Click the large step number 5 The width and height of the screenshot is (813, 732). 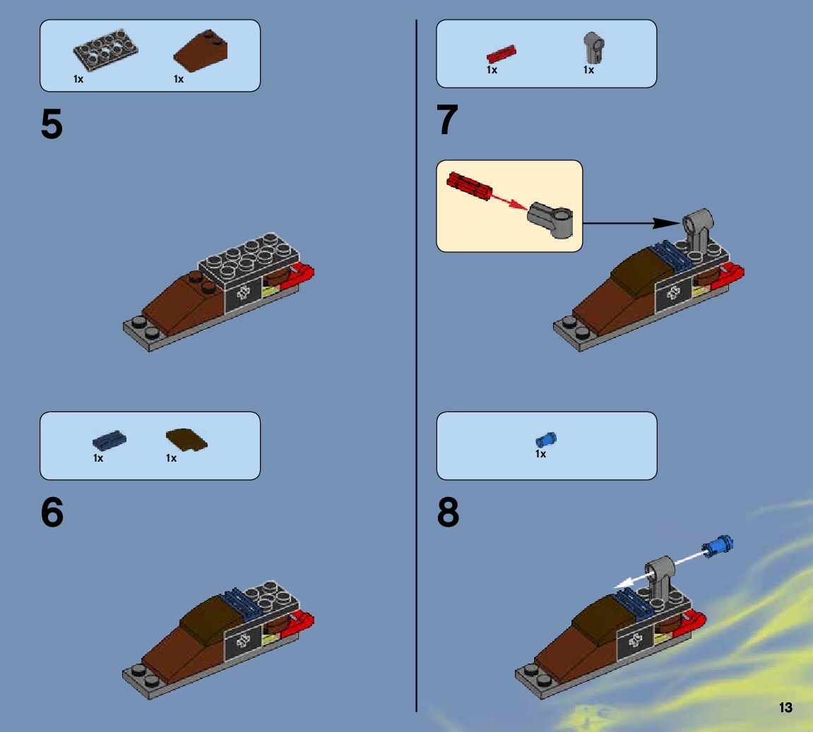coord(52,126)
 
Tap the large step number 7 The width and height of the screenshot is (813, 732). coord(448,120)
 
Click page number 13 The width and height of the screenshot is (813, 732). coord(785,708)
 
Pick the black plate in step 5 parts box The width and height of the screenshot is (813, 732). coord(105,52)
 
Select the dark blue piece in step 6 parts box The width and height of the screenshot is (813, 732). coord(109,439)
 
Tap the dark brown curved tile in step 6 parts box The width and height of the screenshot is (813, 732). coord(186,438)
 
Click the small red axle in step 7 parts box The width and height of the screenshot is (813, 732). coord(502,54)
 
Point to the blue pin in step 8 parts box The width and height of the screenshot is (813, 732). coord(545,439)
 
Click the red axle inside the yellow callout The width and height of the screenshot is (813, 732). coord(468,186)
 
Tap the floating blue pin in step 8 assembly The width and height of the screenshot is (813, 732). coord(718,545)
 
